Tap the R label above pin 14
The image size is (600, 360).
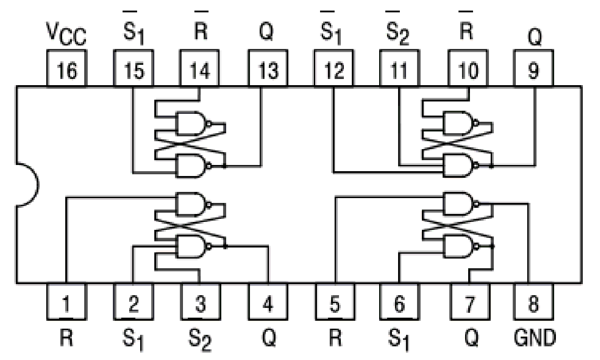[201, 34]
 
